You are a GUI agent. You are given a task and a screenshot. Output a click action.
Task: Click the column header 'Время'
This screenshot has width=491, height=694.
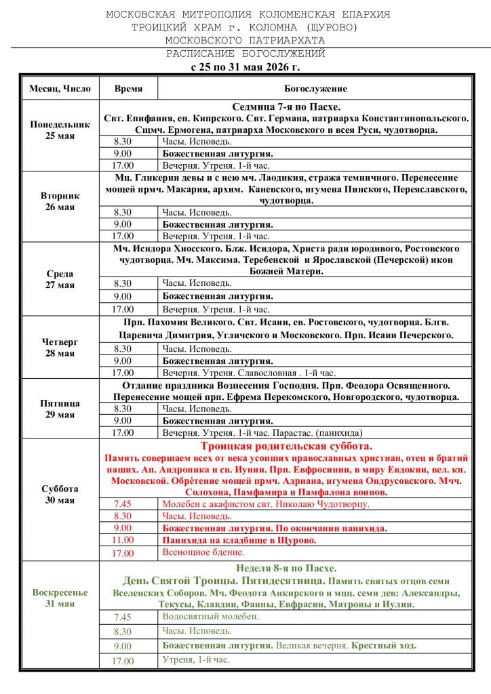click(x=128, y=89)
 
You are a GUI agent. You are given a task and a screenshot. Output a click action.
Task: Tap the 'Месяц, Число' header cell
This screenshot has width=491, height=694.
click(x=60, y=89)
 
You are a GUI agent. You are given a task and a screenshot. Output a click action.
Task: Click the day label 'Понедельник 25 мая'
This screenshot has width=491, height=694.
click(x=60, y=130)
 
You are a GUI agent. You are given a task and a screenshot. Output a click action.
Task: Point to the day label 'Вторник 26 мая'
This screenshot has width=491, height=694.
click(x=60, y=201)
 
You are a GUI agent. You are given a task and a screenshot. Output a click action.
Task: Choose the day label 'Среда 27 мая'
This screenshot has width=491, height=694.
click(x=60, y=279)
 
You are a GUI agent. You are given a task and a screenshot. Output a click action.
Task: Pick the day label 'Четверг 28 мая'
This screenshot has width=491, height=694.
click(x=60, y=348)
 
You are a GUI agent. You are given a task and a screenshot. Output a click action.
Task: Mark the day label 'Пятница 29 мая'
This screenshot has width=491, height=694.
click(x=60, y=409)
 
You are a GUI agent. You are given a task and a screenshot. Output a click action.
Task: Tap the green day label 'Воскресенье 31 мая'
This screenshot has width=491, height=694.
click(x=60, y=598)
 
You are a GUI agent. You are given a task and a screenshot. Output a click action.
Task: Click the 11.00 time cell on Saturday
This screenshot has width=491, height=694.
click(x=123, y=540)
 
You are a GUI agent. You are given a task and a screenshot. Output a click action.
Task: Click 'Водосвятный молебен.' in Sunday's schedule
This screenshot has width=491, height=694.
click(x=210, y=616)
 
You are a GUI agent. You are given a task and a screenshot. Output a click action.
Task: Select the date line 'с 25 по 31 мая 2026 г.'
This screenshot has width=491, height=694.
click(x=245, y=66)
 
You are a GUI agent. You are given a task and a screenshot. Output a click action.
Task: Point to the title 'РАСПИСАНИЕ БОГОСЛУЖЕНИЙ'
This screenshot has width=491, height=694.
click(x=245, y=54)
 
